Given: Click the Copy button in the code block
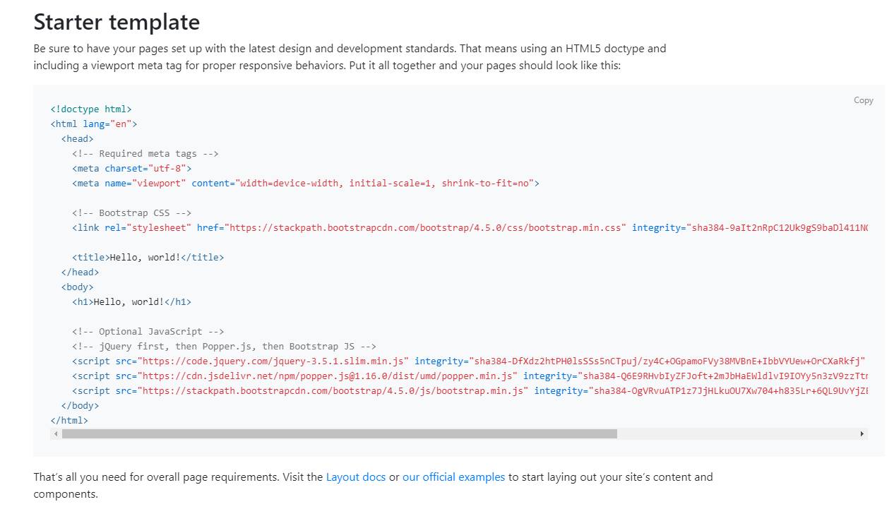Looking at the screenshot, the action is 863,100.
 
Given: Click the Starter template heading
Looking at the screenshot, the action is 117,22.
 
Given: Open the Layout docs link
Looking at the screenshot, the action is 356,477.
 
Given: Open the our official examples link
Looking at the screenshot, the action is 453,477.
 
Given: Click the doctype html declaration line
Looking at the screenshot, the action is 91,109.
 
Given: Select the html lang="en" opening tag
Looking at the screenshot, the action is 94,124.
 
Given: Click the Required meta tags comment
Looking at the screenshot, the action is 145,154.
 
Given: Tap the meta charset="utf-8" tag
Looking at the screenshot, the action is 132,168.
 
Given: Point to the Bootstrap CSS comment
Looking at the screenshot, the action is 132,213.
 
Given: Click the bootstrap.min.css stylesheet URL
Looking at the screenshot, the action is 425,228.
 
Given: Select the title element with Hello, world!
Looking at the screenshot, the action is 148,257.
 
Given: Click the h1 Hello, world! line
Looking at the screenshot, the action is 132,302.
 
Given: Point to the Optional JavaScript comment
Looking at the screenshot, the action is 148,332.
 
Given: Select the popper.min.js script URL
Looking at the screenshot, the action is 327,376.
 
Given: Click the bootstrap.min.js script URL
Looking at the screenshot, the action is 333,391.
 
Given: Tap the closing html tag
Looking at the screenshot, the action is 69,421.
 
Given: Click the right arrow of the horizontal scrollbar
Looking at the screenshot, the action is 862,433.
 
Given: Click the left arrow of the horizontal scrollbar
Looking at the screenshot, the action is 56,433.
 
